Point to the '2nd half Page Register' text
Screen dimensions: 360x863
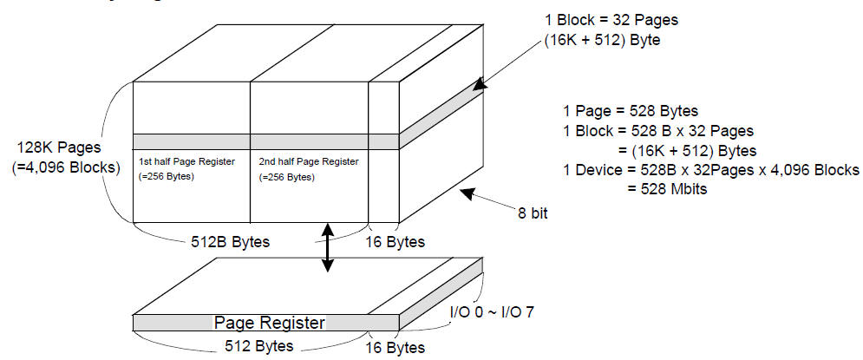308,161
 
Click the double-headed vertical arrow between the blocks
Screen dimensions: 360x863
328,247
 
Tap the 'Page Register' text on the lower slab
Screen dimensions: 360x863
269,323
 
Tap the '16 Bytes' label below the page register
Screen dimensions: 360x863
395,347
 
